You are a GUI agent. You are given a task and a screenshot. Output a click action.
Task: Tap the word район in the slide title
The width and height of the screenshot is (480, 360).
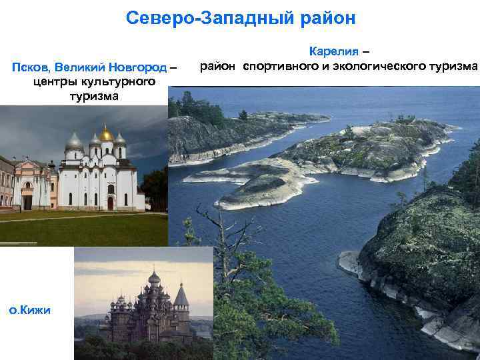pyautogui.click(x=328, y=18)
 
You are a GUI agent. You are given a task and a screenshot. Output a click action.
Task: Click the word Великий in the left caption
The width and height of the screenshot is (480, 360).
pyautogui.click(x=77, y=67)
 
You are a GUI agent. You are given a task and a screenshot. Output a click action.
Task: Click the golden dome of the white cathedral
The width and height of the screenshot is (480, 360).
pyautogui.click(x=106, y=133)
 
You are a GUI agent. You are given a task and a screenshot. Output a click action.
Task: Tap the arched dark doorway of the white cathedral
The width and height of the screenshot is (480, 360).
pyautogui.click(x=111, y=203)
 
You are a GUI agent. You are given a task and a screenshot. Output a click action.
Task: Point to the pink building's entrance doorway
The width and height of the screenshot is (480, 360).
pyautogui.click(x=27, y=201)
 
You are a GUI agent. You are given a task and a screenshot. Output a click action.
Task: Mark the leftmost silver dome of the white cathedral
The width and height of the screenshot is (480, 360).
pyautogui.click(x=75, y=141)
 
